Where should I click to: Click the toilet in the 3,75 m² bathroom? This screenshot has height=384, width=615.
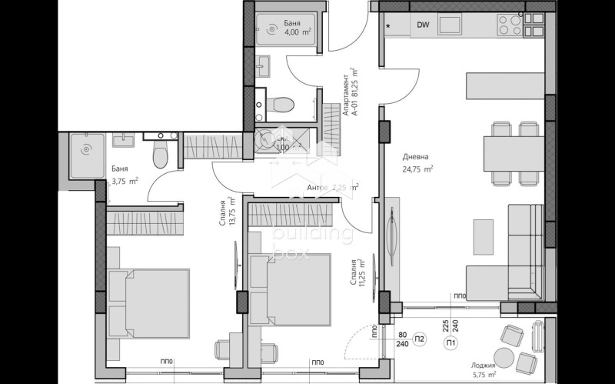[x=160, y=153]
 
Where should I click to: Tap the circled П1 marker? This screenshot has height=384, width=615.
[x=450, y=342]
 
